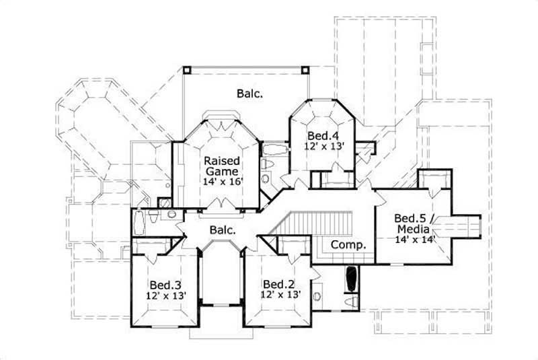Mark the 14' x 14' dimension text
click(415, 239)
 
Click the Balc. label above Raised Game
click(249, 94)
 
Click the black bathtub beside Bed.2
click(350, 280)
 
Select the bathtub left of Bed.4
click(272, 149)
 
